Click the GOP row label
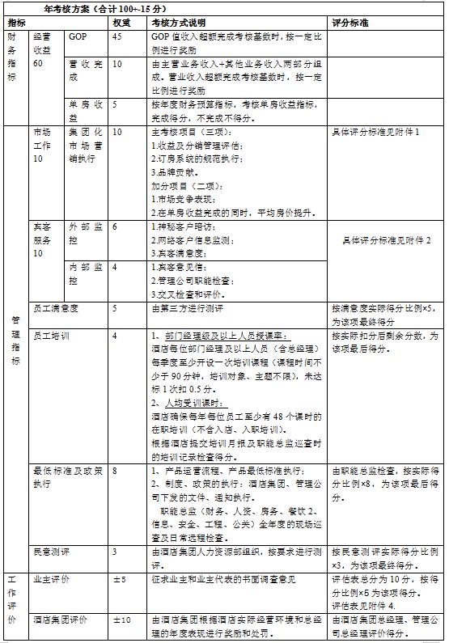click(x=78, y=38)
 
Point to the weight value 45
click(x=118, y=38)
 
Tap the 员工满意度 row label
click(x=57, y=309)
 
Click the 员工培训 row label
click(x=50, y=335)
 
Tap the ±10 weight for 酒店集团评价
click(x=120, y=619)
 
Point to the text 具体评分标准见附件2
click(x=386, y=240)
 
